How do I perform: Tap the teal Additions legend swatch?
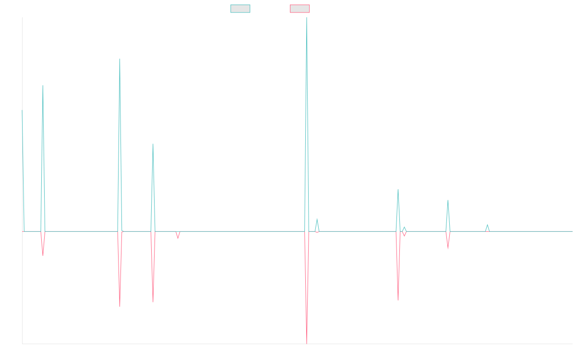coord(240,9)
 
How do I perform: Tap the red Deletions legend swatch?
coord(300,9)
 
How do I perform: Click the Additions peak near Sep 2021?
coord(120,59)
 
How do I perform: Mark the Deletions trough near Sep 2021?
coord(120,306)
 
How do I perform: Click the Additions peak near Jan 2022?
coord(153,144)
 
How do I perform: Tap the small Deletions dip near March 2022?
coord(178,238)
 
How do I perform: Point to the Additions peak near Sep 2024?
coord(448,201)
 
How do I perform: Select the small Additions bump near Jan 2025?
coord(487,225)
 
